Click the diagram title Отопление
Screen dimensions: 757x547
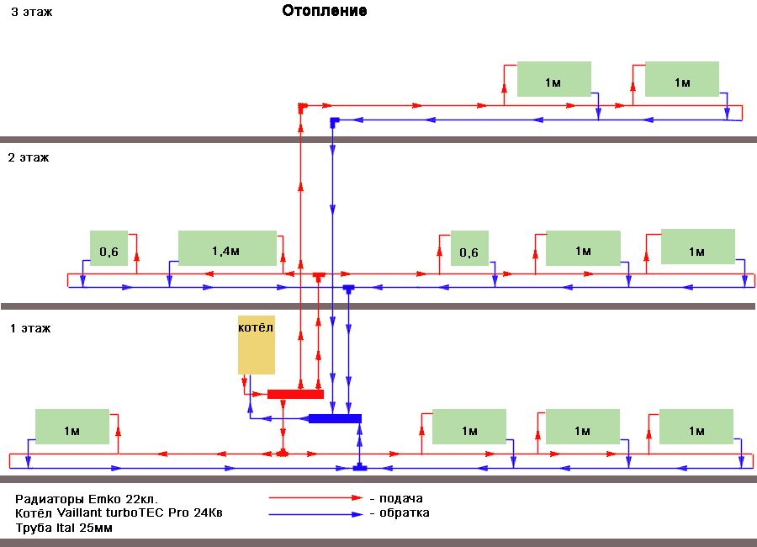pyautogui.click(x=325, y=11)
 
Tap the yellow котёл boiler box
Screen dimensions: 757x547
pyautogui.click(x=257, y=345)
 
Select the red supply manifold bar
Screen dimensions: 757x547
pyautogui.click(x=295, y=394)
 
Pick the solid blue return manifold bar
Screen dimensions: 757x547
pyautogui.click(x=335, y=418)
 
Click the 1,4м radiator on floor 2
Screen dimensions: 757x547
pyautogui.click(x=227, y=248)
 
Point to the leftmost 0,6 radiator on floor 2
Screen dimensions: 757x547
pyautogui.click(x=109, y=248)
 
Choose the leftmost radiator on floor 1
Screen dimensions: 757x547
pyautogui.click(x=72, y=427)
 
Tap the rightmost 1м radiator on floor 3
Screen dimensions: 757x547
pyautogui.click(x=681, y=79)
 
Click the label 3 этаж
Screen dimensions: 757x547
pyautogui.click(x=32, y=12)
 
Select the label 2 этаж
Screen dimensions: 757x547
pyautogui.click(x=29, y=157)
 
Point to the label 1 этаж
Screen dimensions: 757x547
pyautogui.click(x=30, y=328)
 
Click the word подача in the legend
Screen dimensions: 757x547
pyautogui.click(x=400, y=499)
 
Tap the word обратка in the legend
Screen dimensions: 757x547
pyautogui.click(x=405, y=512)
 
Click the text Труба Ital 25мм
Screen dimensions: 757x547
pyautogui.click(x=64, y=528)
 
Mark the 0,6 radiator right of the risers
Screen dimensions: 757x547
pyautogui.click(x=469, y=248)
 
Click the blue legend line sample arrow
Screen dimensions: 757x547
pyautogui.click(x=315, y=515)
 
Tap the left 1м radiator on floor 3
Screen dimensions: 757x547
pyautogui.click(x=554, y=79)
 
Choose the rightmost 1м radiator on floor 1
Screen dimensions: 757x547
pyautogui.click(x=696, y=427)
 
